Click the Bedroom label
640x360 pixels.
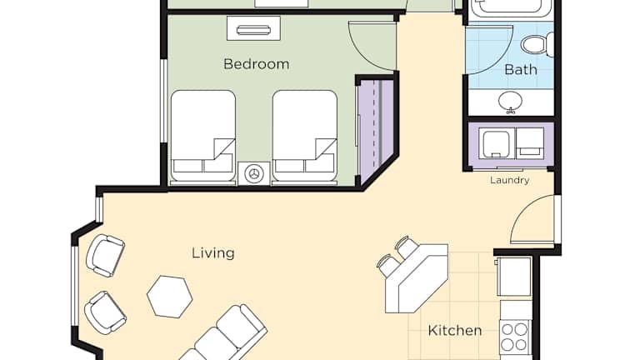coord(257,64)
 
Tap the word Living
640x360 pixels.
coord(213,253)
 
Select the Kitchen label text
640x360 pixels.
coord(455,330)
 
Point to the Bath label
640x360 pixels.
coord(520,69)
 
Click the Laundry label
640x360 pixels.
coord(510,180)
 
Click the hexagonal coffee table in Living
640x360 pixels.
coord(169,297)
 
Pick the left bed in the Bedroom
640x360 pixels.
coord(203,136)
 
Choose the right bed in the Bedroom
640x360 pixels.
coord(305,136)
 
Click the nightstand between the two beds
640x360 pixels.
coord(254,173)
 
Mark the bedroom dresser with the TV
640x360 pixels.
coord(253,28)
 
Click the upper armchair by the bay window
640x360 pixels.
coord(105,256)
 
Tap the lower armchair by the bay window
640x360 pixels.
coord(105,312)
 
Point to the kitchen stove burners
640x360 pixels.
coord(515,337)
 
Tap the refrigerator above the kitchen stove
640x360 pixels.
coord(514,277)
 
